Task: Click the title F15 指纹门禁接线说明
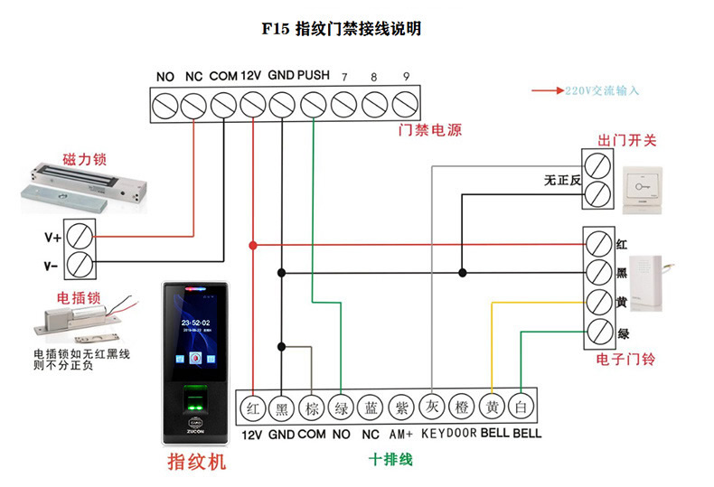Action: [x=341, y=29]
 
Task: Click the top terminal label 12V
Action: [x=252, y=76]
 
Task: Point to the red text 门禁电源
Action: [x=430, y=130]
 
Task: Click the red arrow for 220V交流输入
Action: [x=547, y=91]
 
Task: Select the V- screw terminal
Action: [x=80, y=266]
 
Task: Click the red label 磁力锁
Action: [x=84, y=160]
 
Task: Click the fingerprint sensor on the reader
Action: [x=193, y=398]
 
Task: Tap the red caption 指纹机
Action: [x=196, y=463]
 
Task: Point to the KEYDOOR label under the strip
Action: [x=448, y=434]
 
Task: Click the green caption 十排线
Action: [x=390, y=460]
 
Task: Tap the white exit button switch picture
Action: [x=643, y=188]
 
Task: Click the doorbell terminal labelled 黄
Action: [x=597, y=302]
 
